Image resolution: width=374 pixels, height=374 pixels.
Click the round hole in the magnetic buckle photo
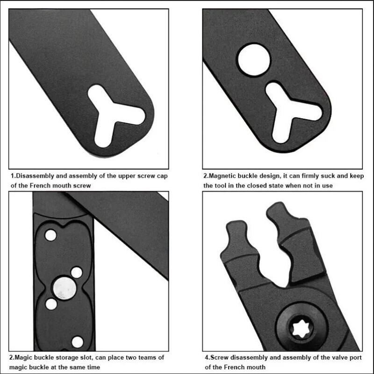(x=254, y=60)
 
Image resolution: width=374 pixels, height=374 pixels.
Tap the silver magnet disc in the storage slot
(x=65, y=288)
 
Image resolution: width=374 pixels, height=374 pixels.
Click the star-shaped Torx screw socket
(x=302, y=329)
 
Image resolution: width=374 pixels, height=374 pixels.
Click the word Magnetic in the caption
(x=220, y=176)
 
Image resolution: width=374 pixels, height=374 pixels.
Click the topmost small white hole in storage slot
(x=50, y=235)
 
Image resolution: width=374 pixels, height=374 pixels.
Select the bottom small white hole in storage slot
(x=78, y=342)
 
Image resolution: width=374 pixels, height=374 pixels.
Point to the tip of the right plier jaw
(x=277, y=203)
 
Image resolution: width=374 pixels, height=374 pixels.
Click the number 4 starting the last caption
(x=207, y=358)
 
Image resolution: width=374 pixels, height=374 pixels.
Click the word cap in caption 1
(x=162, y=177)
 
